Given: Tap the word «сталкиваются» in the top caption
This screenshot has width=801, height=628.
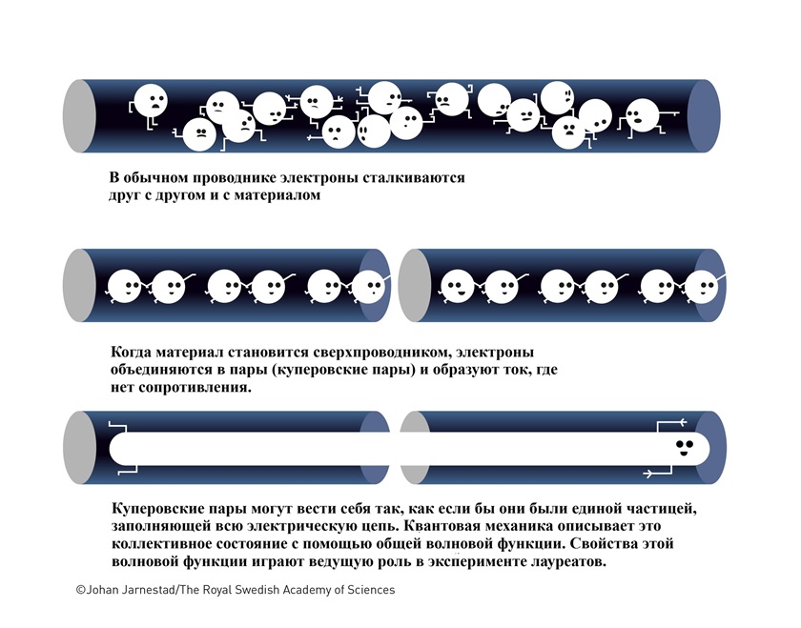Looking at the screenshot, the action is [x=414, y=177].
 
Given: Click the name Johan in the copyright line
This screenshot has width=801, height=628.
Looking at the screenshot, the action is [x=102, y=590].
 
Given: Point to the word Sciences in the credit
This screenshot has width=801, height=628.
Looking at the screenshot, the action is [x=371, y=590].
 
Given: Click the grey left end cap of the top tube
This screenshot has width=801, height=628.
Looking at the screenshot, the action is [x=79, y=116].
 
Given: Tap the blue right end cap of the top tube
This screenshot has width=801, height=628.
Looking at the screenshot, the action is [x=704, y=116].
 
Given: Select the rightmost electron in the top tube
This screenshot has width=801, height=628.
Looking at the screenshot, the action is [x=642, y=116].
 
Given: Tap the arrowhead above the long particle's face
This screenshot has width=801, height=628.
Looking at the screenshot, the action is [x=682, y=422].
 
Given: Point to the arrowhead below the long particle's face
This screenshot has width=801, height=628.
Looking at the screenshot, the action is [x=648, y=474].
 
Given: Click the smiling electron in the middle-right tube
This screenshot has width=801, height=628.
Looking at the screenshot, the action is [x=457, y=287].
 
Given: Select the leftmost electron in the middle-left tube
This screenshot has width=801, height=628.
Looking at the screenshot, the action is [x=125, y=287].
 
